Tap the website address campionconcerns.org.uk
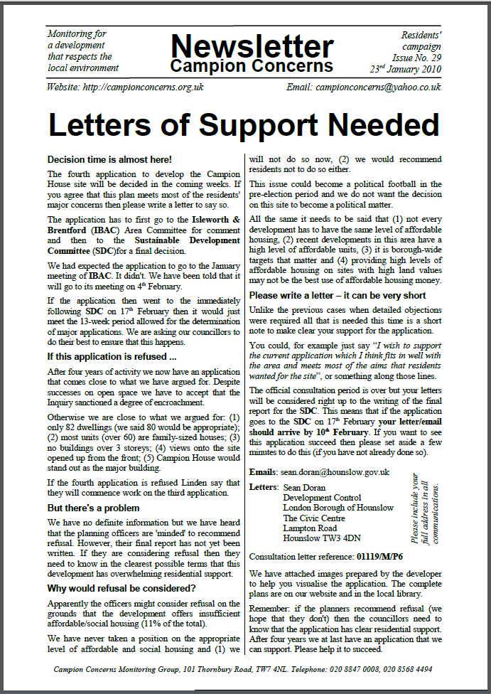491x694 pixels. [x=145, y=87]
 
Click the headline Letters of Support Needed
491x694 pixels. [x=245, y=124]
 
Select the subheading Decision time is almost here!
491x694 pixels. [x=109, y=159]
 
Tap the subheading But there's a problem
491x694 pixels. [x=93, y=508]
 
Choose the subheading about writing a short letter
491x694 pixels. [x=338, y=294]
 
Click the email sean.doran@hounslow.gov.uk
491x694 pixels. [x=334, y=471]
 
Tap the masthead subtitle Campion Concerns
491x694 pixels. [x=252, y=67]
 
